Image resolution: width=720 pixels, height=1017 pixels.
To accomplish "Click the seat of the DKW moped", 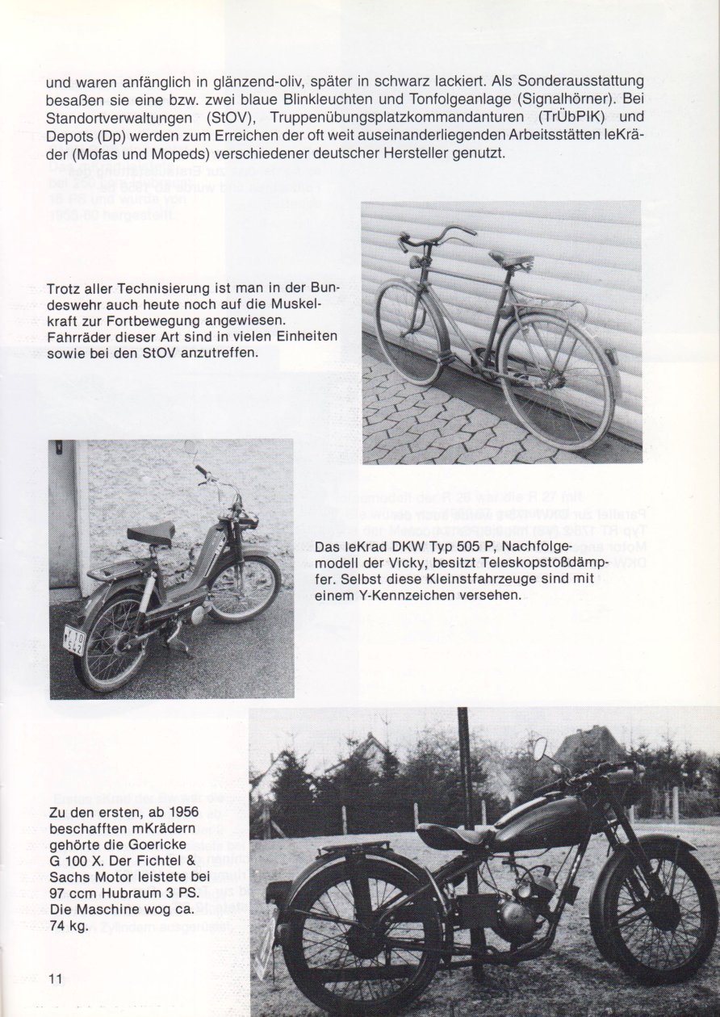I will pos(152,532).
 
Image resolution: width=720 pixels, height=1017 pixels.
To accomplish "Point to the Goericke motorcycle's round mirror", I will pos(539,748).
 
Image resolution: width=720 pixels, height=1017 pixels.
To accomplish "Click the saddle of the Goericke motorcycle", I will pos(451,835).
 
